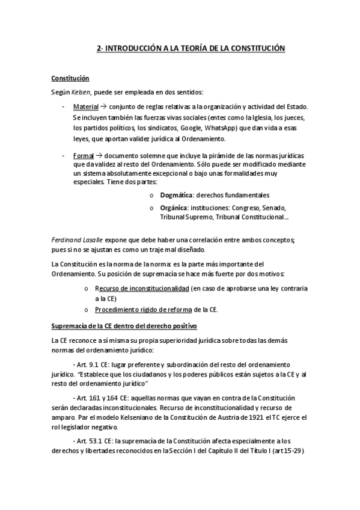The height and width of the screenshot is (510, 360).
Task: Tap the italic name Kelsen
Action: (x=82, y=92)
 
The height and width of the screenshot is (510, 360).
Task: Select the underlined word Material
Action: (x=86, y=106)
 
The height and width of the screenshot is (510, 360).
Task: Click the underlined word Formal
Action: (x=84, y=155)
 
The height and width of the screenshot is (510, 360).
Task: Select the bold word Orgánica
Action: (x=175, y=207)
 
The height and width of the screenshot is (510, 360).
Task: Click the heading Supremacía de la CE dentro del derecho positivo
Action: (x=124, y=327)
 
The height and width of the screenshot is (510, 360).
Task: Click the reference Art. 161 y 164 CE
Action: (x=99, y=399)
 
